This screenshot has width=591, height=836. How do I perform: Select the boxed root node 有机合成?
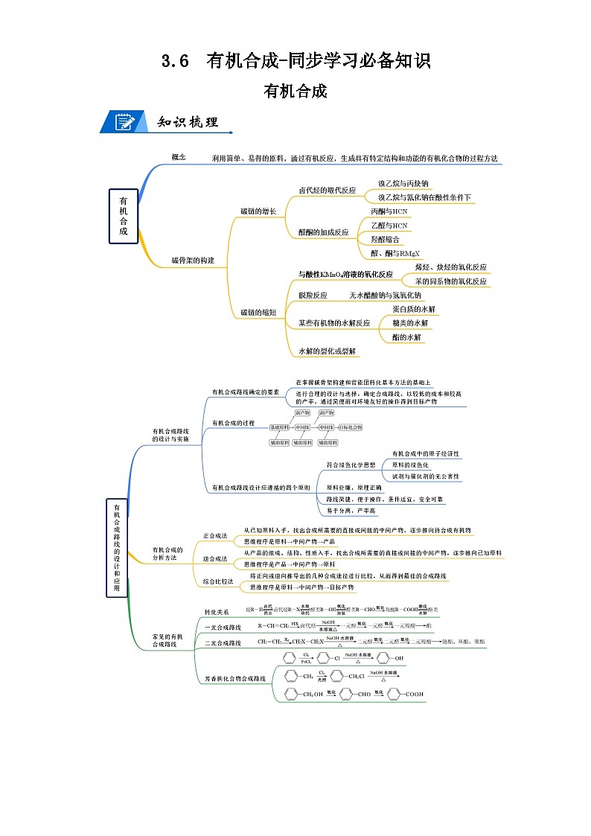click(123, 216)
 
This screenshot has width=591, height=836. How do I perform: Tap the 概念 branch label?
click(179, 157)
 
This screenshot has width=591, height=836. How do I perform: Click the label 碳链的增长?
click(258, 211)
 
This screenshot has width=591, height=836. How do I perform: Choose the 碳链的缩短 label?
click(258, 313)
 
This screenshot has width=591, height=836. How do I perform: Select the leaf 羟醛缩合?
click(385, 240)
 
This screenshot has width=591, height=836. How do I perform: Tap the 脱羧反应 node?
click(313, 296)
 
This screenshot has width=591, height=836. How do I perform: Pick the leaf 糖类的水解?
click(410, 323)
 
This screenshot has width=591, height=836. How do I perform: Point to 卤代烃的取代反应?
click(327, 191)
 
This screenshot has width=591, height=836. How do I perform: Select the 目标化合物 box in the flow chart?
click(350, 427)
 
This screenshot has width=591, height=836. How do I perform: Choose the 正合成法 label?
click(215, 536)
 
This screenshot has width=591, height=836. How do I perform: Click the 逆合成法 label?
click(215, 558)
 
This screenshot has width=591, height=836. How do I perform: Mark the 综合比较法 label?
click(218, 581)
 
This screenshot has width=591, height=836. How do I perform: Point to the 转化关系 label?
click(217, 612)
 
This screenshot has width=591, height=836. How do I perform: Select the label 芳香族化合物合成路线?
click(234, 679)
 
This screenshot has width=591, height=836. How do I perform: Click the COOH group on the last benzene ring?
click(415, 695)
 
